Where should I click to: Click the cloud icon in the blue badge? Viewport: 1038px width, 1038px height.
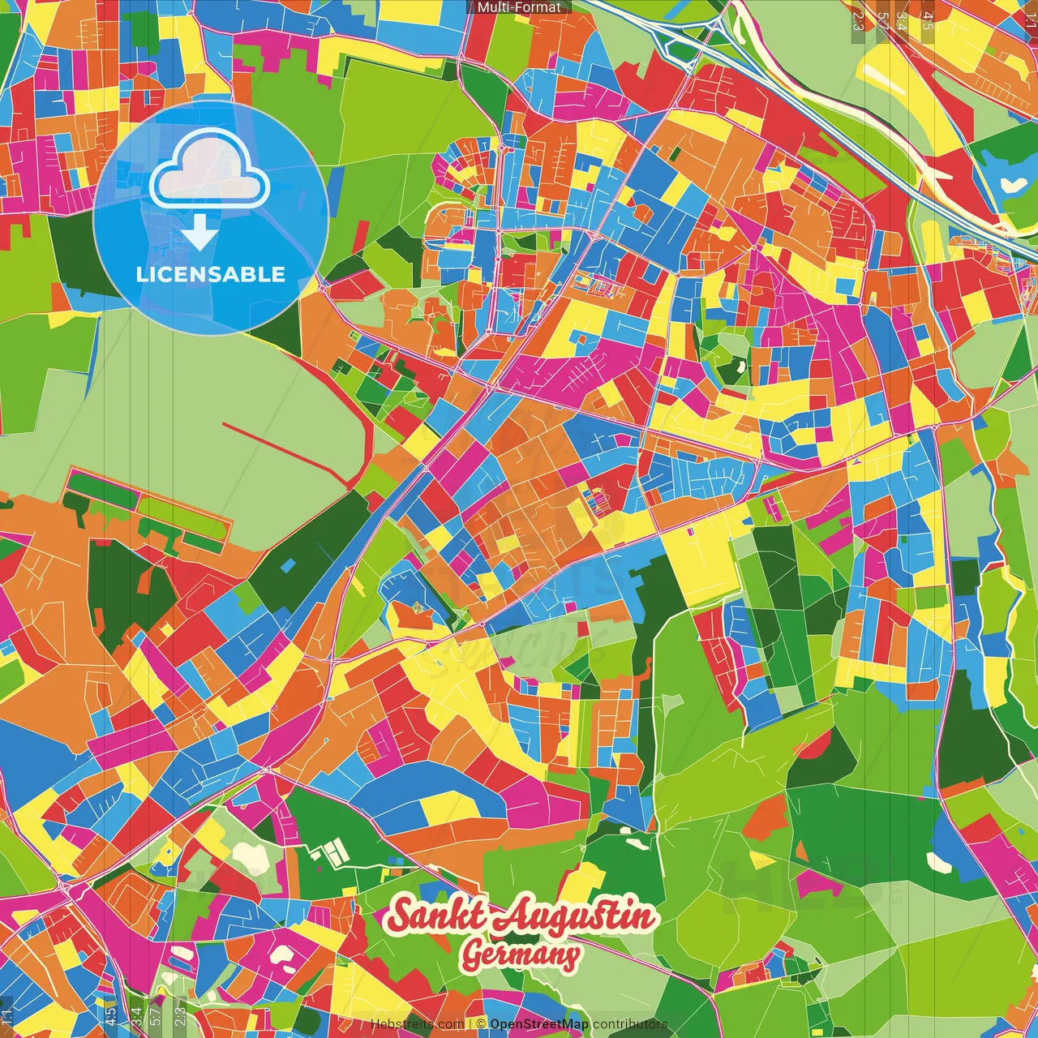[x=210, y=172]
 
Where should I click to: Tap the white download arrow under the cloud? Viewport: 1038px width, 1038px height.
[x=199, y=236]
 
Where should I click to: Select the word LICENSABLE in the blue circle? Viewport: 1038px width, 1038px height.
[x=211, y=274]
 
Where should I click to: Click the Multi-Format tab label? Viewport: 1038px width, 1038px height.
[x=519, y=7]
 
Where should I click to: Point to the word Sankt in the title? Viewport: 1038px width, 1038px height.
[x=439, y=916]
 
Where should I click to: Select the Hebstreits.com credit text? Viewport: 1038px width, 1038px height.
[x=417, y=1024]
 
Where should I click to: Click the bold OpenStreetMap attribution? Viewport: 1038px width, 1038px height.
[x=539, y=1024]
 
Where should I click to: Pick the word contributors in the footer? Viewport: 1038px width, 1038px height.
[x=630, y=1024]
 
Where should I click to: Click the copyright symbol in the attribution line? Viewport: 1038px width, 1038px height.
[x=480, y=1024]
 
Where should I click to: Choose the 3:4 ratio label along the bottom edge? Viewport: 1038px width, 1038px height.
[x=135, y=1015]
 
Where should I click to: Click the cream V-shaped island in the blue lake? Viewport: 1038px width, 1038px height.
[x=1013, y=183]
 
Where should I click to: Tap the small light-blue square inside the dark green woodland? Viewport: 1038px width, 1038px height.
[x=287, y=564]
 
